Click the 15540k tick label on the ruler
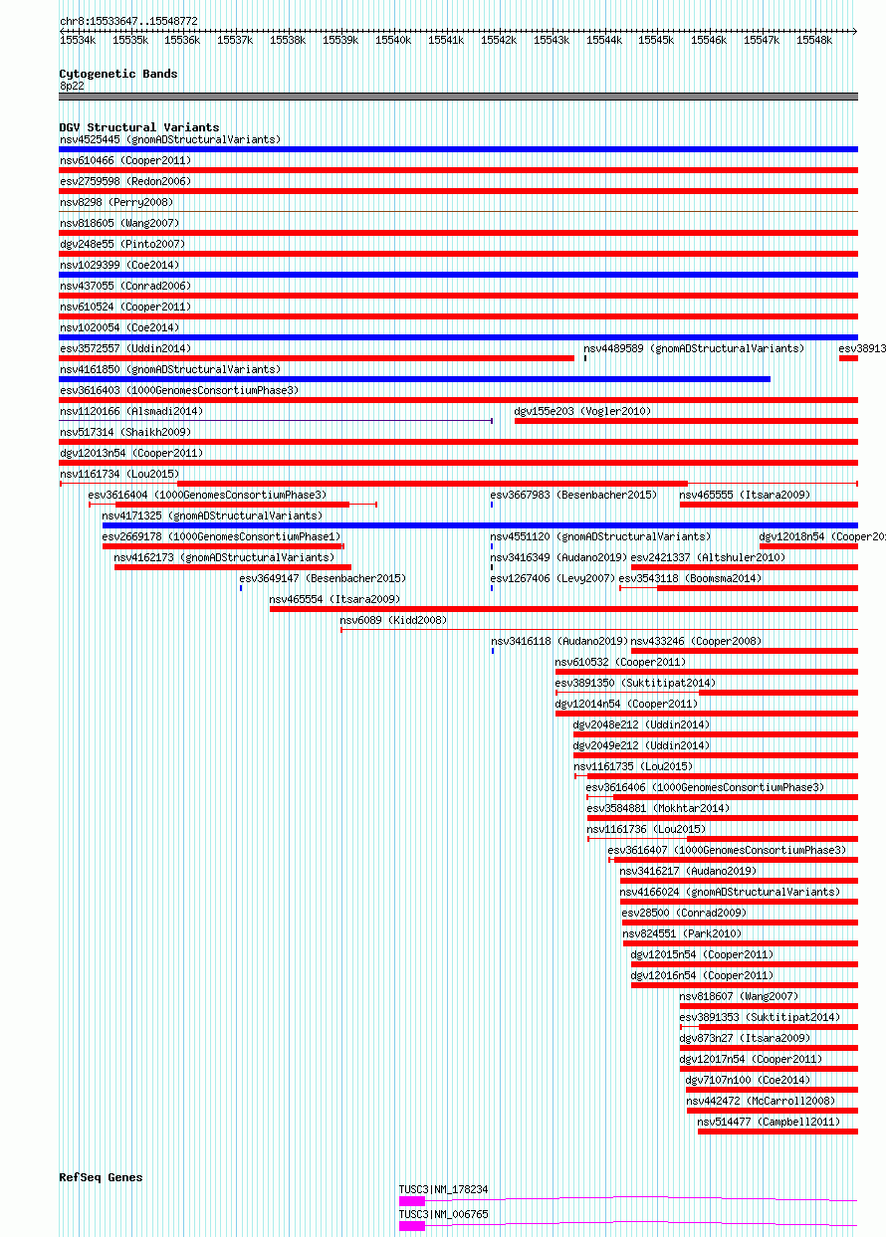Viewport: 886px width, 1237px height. (x=393, y=41)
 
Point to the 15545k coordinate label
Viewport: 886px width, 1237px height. (x=656, y=41)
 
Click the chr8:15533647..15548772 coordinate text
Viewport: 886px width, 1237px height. (x=128, y=21)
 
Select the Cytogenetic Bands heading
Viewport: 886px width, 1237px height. (x=118, y=74)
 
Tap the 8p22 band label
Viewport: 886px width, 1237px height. (x=72, y=87)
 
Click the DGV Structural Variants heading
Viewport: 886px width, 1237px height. (x=139, y=127)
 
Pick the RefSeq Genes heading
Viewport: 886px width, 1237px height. (x=101, y=1177)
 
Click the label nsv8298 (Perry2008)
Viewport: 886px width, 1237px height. (x=116, y=203)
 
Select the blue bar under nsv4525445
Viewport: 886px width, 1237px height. (x=459, y=149)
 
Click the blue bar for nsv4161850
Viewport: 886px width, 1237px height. (x=415, y=379)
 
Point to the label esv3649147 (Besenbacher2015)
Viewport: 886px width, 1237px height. (x=323, y=579)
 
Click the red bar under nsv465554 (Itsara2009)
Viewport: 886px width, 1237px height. (x=564, y=609)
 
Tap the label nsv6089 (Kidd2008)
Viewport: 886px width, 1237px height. (x=393, y=621)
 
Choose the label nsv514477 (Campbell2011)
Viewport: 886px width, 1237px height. (x=769, y=1123)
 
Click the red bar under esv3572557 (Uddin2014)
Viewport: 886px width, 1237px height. (x=317, y=358)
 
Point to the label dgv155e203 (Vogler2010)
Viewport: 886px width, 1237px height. (x=582, y=411)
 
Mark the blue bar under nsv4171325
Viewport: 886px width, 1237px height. (x=480, y=525)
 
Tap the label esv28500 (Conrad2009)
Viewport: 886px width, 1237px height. (x=684, y=913)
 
